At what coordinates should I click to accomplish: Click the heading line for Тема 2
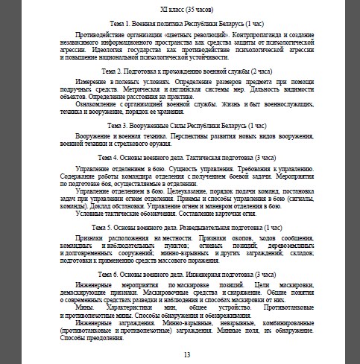click(180, 70)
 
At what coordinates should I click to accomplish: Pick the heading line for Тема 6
click(180, 274)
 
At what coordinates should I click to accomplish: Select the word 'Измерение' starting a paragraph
click(95, 81)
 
